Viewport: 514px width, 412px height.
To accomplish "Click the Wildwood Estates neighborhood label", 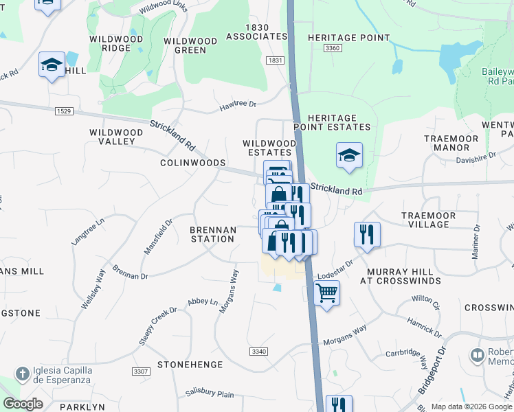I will coord(269,148).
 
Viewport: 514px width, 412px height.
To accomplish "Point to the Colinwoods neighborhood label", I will coord(192,163).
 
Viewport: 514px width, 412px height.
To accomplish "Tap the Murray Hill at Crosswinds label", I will coord(399,277).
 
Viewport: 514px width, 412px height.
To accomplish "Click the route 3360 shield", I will coord(333,47).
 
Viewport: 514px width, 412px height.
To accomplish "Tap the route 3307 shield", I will coord(141,371).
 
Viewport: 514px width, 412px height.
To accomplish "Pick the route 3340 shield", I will coord(258,352).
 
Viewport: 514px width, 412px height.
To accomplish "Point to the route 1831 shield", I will coord(276,60).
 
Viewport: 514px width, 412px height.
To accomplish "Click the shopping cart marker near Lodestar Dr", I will coord(326,293).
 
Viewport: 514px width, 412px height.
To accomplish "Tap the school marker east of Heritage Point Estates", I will coord(349,155).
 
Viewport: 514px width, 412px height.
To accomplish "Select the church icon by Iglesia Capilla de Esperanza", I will coord(23,374).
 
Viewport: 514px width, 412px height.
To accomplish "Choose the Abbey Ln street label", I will coord(202,301).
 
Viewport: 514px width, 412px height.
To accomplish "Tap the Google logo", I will coord(23,404).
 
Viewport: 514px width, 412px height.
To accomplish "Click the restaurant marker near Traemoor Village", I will coord(367,235).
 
